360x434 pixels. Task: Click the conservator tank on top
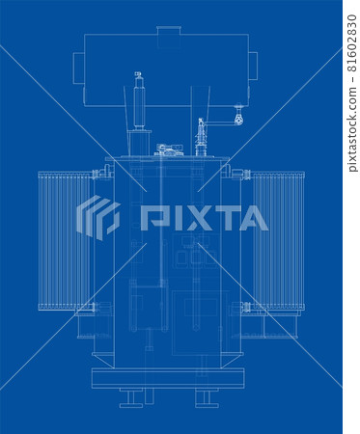coord(166,69)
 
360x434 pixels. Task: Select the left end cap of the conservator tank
coord(78,68)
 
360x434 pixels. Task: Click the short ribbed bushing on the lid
coord(201,138)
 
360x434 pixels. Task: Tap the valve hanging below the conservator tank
coord(238,115)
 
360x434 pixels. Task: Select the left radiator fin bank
coord(66,240)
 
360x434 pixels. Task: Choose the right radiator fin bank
coord(279,240)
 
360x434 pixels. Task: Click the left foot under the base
coord(131,397)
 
